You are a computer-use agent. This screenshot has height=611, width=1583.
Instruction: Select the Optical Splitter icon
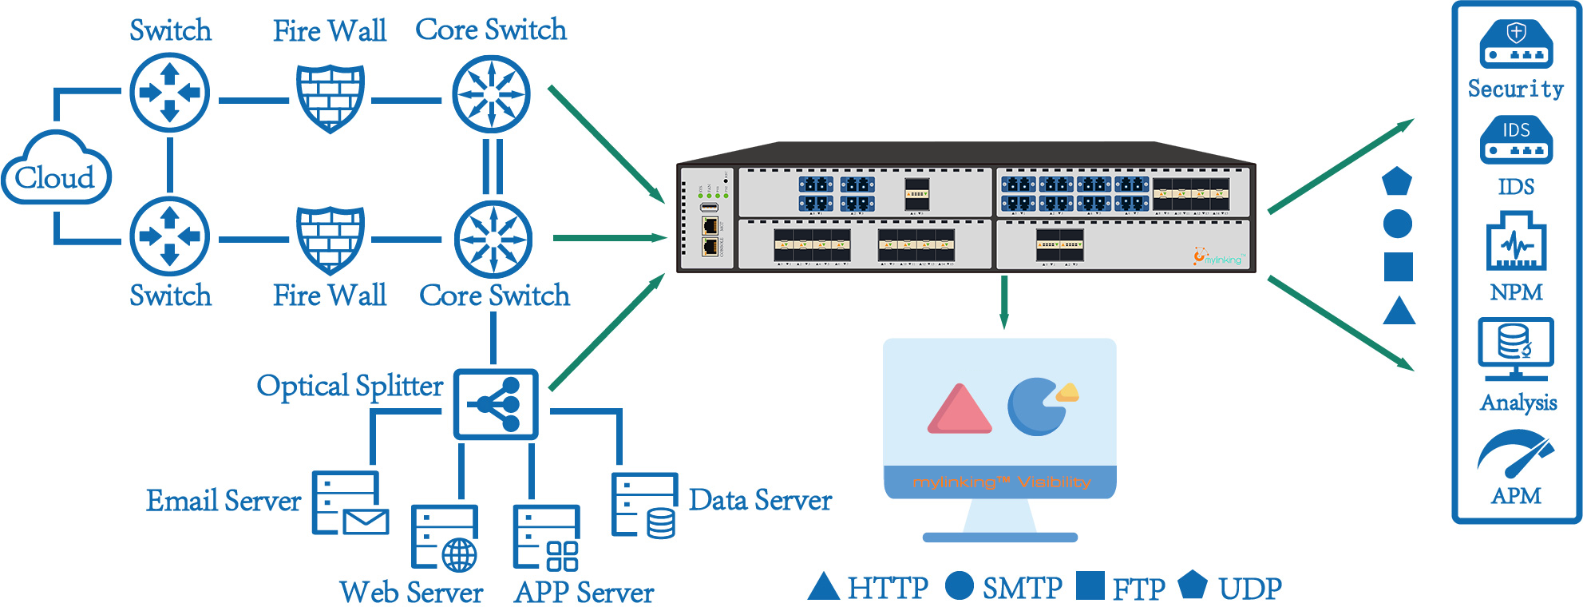pyautogui.click(x=496, y=404)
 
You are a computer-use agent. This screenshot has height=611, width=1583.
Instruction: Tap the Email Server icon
pyautogui.click(x=350, y=503)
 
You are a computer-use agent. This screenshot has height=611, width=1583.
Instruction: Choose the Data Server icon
pyautogui.click(x=644, y=506)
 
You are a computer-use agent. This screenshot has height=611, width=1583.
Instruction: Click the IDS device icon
pyautogui.click(x=1516, y=140)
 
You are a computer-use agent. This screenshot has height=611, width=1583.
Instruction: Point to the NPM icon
pyautogui.click(x=1516, y=241)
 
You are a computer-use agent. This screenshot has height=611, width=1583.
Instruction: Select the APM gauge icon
pyautogui.click(x=1515, y=454)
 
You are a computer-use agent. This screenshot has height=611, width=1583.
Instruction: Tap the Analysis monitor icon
pyautogui.click(x=1515, y=348)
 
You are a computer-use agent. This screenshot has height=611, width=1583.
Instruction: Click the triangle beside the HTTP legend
pyautogui.click(x=823, y=586)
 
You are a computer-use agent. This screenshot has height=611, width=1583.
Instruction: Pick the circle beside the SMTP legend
pyautogui.click(x=959, y=585)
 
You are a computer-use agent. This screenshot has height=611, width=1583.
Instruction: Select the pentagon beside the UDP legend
pyautogui.click(x=1192, y=585)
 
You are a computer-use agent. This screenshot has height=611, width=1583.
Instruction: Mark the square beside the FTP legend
pyautogui.click(x=1090, y=585)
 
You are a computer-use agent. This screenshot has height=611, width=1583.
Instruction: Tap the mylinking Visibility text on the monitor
pyautogui.click(x=1000, y=482)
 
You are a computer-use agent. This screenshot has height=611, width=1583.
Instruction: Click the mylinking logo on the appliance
pyautogui.click(x=1218, y=257)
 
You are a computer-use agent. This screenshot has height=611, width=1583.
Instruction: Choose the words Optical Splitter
pyautogui.click(x=350, y=386)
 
